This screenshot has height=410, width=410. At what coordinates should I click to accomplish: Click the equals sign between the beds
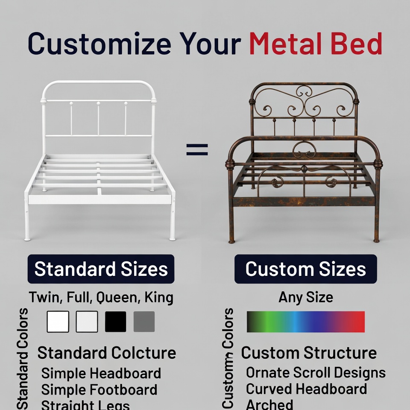coord(197,149)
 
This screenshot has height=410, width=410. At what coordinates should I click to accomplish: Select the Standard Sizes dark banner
coord(101,269)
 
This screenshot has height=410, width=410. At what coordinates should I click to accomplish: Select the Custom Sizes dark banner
coord(305,269)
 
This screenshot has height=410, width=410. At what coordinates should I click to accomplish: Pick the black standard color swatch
coord(115,322)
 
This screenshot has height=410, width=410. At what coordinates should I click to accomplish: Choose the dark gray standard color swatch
coord(144,322)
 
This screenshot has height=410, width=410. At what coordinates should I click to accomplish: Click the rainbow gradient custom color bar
coord(305,322)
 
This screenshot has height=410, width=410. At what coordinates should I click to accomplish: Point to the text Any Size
coord(305,297)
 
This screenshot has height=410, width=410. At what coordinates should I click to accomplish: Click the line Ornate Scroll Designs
coord(316,372)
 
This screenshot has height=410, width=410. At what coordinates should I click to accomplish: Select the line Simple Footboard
coord(99,390)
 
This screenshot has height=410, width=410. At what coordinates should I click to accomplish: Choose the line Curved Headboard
coord(306,389)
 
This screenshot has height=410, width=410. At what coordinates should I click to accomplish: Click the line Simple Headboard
coord(101,373)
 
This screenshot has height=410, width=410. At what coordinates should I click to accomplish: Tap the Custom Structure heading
coord(309,353)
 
